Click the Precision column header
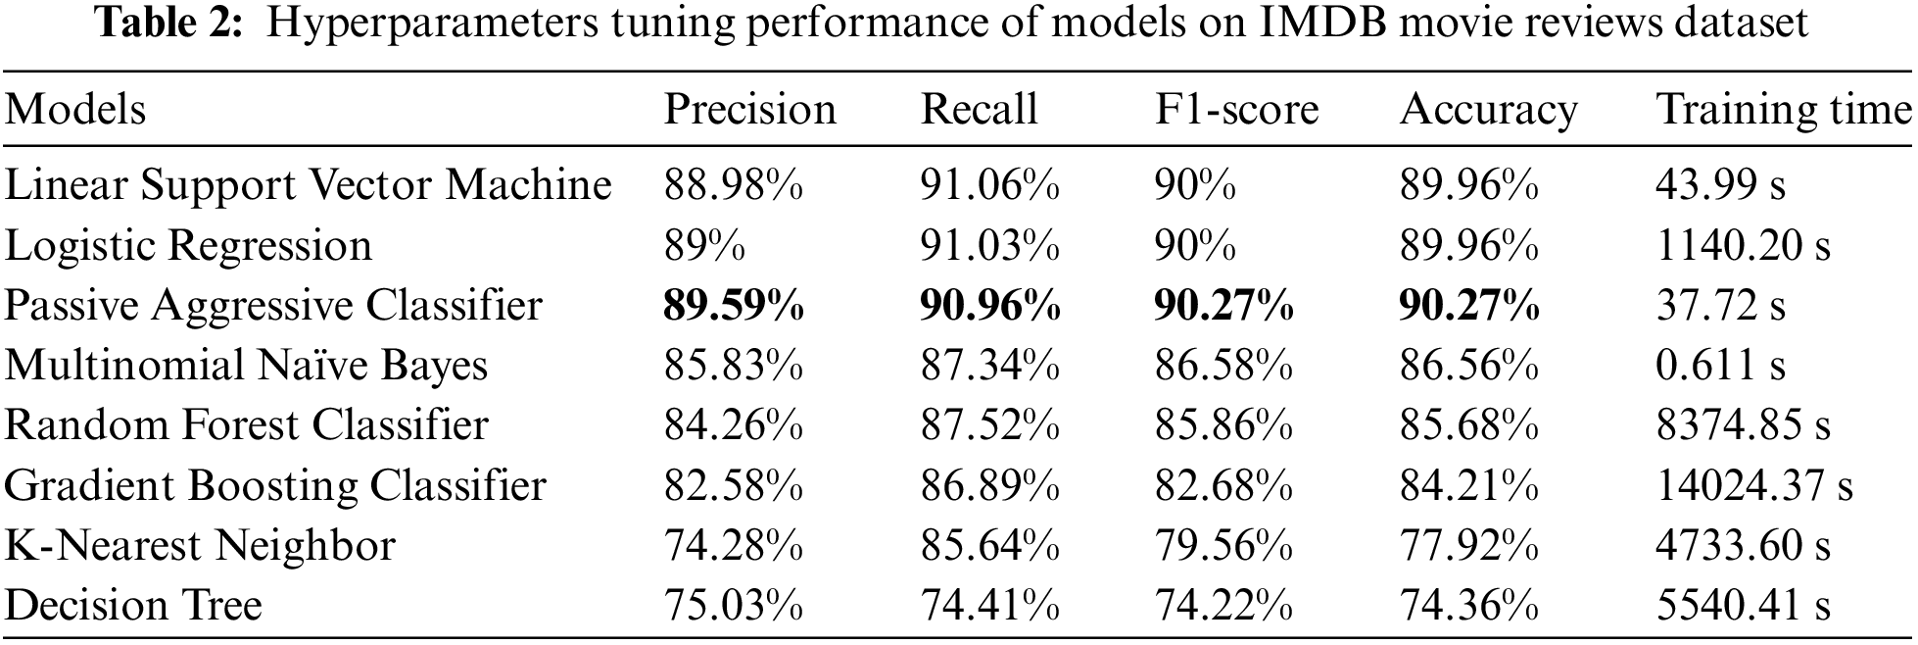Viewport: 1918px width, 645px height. point(749,109)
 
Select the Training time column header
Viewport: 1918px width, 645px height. point(1782,109)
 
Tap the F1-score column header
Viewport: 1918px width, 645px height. point(1236,109)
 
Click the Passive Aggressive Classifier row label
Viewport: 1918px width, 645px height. point(273,306)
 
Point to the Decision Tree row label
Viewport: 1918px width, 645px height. point(133,605)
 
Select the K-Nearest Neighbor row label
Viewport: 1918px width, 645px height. point(200,545)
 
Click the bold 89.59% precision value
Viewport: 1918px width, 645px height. point(734,306)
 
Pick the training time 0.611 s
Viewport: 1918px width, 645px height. point(1720,366)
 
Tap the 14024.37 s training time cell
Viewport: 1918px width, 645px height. point(1754,485)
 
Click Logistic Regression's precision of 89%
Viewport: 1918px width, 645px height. point(704,246)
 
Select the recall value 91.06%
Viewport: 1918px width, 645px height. point(989,185)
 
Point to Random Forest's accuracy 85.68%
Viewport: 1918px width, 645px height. point(1468,425)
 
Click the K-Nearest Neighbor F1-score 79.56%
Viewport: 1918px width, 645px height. point(1223,545)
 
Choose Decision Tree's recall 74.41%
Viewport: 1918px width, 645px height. point(989,605)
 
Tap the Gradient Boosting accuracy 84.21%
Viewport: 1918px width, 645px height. point(1468,485)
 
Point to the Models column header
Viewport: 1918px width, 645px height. point(75,109)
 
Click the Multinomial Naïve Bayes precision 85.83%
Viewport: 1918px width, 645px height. point(734,366)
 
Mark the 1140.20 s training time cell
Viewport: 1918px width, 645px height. point(1743,246)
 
